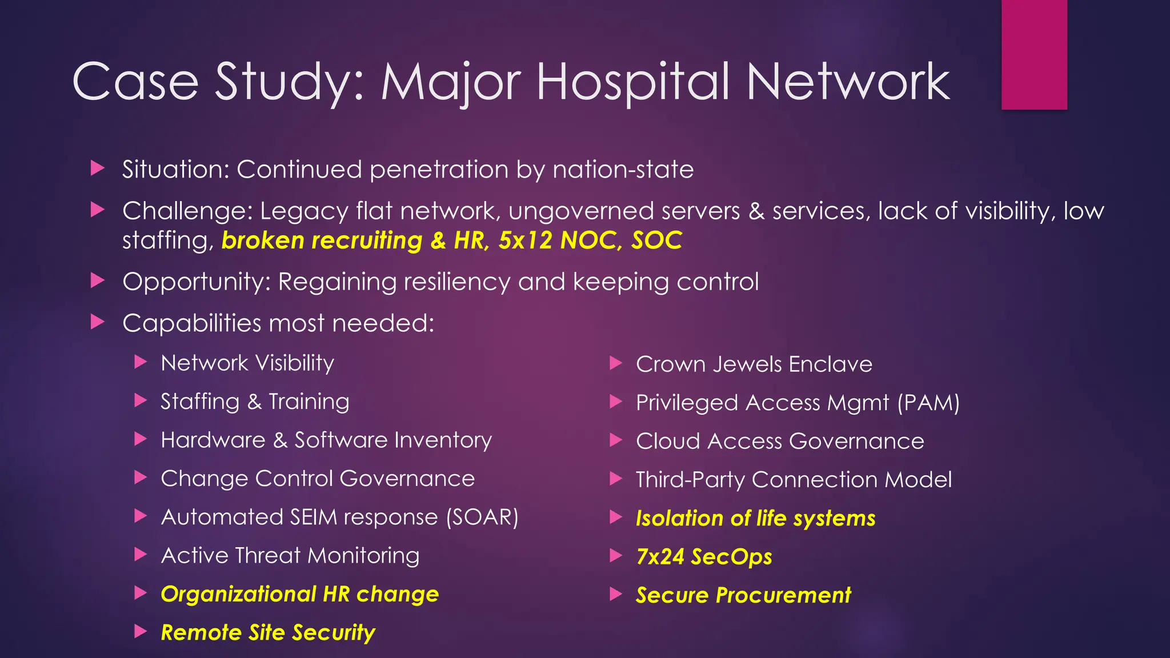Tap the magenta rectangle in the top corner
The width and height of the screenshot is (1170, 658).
point(1034,54)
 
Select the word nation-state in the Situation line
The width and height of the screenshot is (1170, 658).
point(623,170)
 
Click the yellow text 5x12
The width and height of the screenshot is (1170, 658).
point(525,240)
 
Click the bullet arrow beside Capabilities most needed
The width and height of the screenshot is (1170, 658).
point(98,323)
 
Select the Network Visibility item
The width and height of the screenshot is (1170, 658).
point(247,363)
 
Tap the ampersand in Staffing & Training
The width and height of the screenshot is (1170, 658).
point(254,402)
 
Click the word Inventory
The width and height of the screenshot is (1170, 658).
point(443,440)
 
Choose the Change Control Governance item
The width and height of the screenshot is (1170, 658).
point(318,479)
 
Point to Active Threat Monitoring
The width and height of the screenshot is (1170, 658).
point(290,556)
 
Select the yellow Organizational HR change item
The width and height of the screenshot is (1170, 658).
point(300,594)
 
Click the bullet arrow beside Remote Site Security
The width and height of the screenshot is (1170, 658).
point(141,632)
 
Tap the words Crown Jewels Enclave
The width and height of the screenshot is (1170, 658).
point(754,364)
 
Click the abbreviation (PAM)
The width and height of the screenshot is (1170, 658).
point(928,403)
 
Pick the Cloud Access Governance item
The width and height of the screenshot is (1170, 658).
point(780,442)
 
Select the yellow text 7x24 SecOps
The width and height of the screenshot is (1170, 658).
point(704,557)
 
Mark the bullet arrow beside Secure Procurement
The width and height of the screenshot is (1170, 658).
point(616,595)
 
